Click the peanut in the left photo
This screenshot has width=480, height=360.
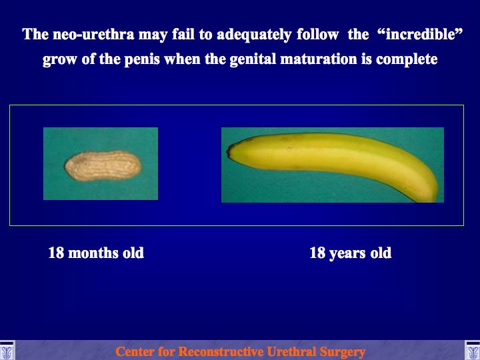point(103,165)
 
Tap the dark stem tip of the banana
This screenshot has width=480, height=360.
point(229,151)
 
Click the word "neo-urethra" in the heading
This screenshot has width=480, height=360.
point(93,34)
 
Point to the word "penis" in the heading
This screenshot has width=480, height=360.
point(141,59)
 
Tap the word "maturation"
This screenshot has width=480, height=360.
point(319,59)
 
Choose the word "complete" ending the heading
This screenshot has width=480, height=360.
point(407,59)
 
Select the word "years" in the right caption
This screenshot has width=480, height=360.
point(347,254)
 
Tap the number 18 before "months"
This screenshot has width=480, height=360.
point(56,253)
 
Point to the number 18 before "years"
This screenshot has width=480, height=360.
point(317,253)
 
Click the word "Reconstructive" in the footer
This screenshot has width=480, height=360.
point(220,351)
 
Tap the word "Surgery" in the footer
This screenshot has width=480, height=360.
point(342,352)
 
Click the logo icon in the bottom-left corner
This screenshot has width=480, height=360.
point(7,350)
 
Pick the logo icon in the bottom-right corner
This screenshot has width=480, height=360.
point(473,350)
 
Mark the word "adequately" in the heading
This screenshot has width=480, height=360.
point(254,35)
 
